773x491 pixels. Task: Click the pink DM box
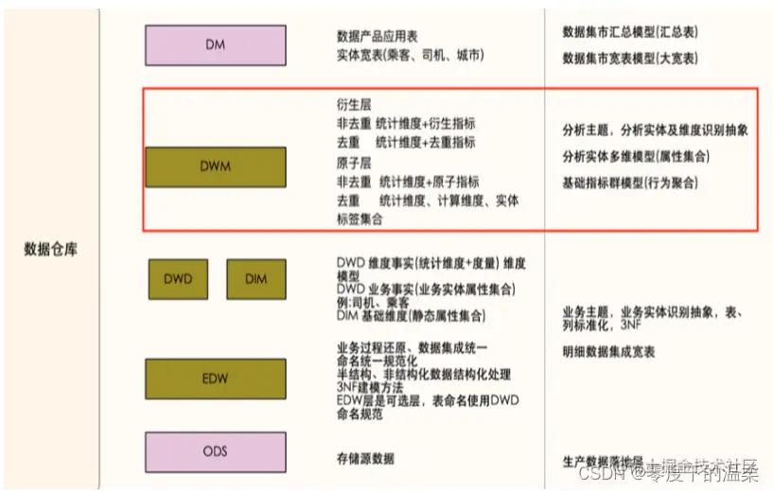(x=215, y=44)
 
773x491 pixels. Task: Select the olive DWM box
(x=216, y=166)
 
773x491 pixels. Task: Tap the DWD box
(x=178, y=279)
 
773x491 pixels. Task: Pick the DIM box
(x=255, y=279)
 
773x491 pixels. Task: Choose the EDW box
(x=216, y=377)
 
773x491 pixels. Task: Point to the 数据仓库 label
(x=50, y=250)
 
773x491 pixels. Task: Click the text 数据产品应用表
(x=376, y=37)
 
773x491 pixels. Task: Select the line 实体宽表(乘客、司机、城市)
(x=410, y=55)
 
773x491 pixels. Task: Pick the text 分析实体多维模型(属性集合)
(x=636, y=156)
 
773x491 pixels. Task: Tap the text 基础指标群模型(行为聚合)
(x=630, y=182)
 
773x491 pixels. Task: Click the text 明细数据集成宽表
(x=608, y=352)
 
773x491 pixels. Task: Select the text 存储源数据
(x=364, y=459)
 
